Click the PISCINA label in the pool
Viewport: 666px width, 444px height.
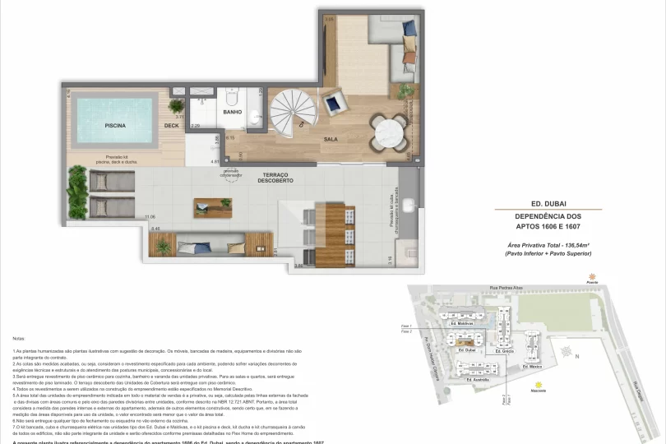tap(114, 126)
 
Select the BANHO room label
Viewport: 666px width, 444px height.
tap(232, 112)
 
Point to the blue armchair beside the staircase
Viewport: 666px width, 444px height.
tap(335, 104)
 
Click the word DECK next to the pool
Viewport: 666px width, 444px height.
tap(171, 126)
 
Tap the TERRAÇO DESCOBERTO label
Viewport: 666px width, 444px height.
tap(275, 178)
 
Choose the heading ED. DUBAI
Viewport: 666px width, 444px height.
tap(549, 203)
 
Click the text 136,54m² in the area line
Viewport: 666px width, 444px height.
tap(572, 246)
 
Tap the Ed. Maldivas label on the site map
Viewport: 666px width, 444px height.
tap(462, 324)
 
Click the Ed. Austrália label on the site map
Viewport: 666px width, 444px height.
tap(478, 380)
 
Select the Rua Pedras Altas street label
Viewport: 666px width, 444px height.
tap(505, 289)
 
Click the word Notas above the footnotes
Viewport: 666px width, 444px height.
tap(18, 338)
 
